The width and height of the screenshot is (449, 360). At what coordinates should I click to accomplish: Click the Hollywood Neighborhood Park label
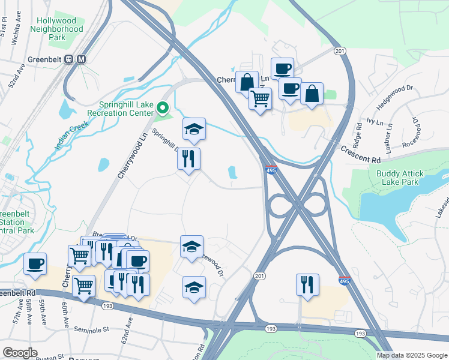pyautogui.click(x=56, y=28)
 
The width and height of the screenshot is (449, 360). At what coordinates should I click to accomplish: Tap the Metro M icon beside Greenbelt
pyautogui.click(x=82, y=59)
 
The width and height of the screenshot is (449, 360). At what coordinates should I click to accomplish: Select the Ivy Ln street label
pyautogui.click(x=375, y=121)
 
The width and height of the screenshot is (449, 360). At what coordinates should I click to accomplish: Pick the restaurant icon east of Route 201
pyautogui.click(x=307, y=284)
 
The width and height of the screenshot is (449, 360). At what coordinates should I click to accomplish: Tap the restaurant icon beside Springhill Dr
pyautogui.click(x=189, y=159)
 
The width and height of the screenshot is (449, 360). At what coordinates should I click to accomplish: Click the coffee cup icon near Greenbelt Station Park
pyautogui.click(x=35, y=263)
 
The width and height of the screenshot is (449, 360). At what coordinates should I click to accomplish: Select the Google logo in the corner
pyautogui.click(x=20, y=353)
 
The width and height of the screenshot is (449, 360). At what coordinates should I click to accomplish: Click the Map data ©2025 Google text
pyautogui.click(x=412, y=355)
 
